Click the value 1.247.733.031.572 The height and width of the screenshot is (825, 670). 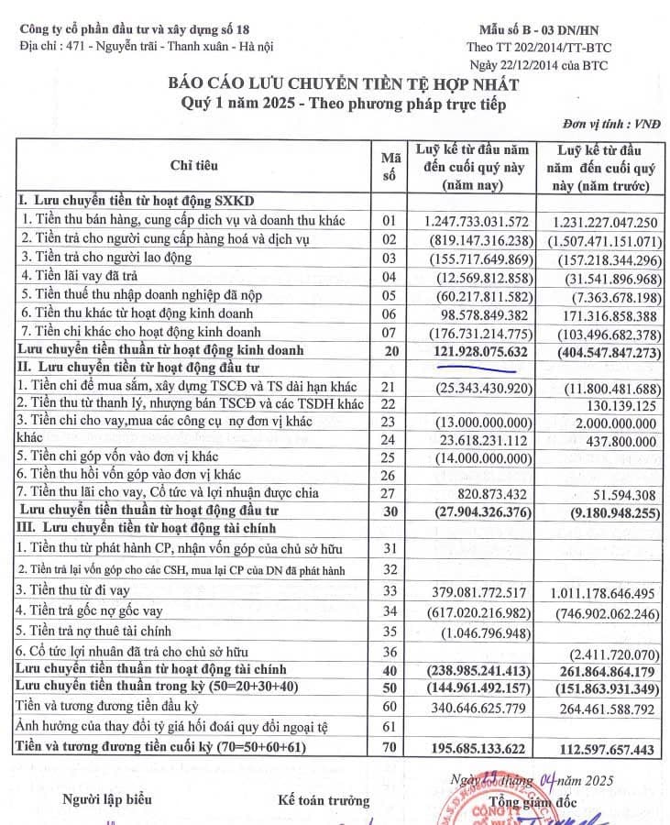(x=477, y=221)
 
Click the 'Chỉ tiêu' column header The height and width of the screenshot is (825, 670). (x=193, y=164)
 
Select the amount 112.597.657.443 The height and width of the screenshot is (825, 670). (x=603, y=749)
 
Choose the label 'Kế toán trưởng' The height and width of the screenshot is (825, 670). (x=324, y=800)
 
